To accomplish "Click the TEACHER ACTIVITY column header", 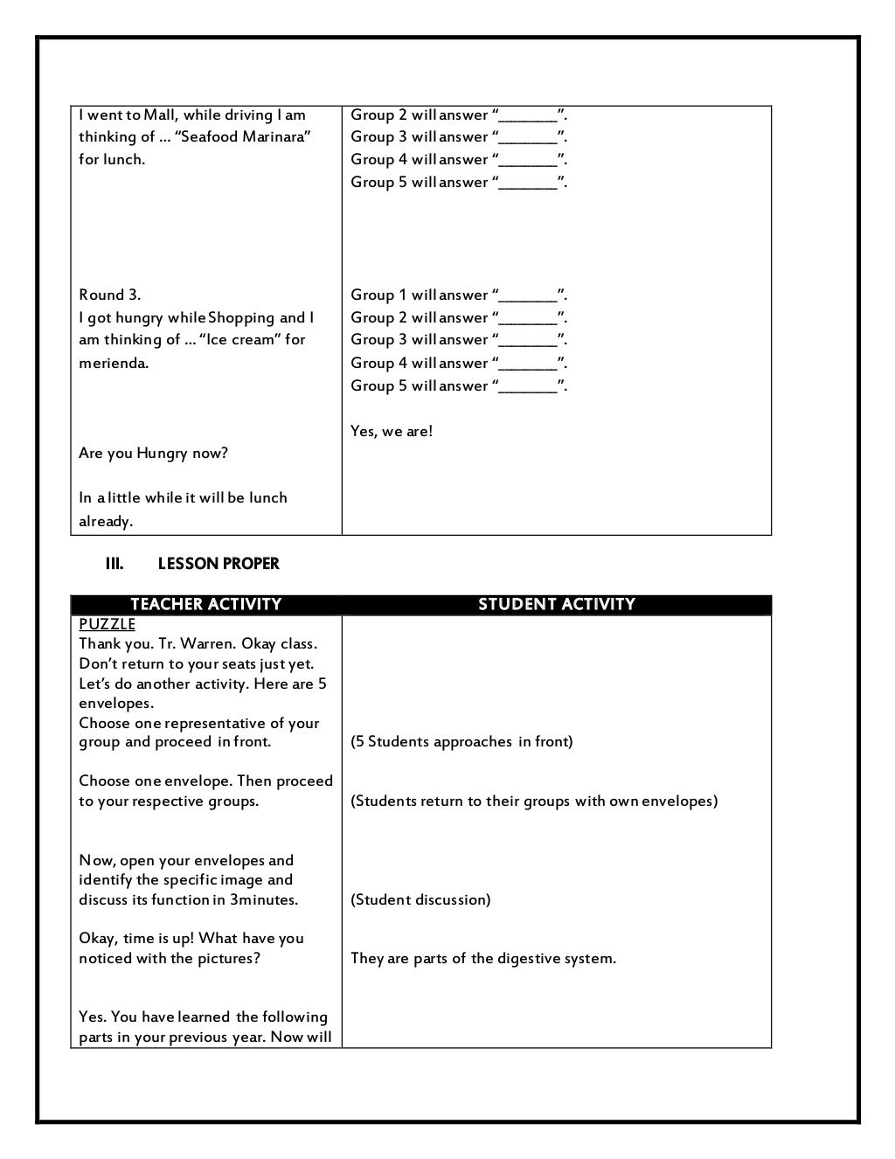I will coord(205,604).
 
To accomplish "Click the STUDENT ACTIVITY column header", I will coord(556,604).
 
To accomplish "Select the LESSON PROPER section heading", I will coord(219,564).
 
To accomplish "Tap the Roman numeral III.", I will coord(114,564).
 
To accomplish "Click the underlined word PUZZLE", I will coord(107,624).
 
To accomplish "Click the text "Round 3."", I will coord(109,295).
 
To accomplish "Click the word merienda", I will coord(114,363).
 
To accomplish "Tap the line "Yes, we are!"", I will coord(392,431).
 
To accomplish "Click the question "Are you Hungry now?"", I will coord(153,453).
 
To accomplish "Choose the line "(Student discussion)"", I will coord(420,899).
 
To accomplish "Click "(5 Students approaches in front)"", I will coord(461,741).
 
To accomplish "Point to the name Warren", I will coord(207,644).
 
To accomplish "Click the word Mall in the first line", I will coord(161,115).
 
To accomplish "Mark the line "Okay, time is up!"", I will coord(136,938).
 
